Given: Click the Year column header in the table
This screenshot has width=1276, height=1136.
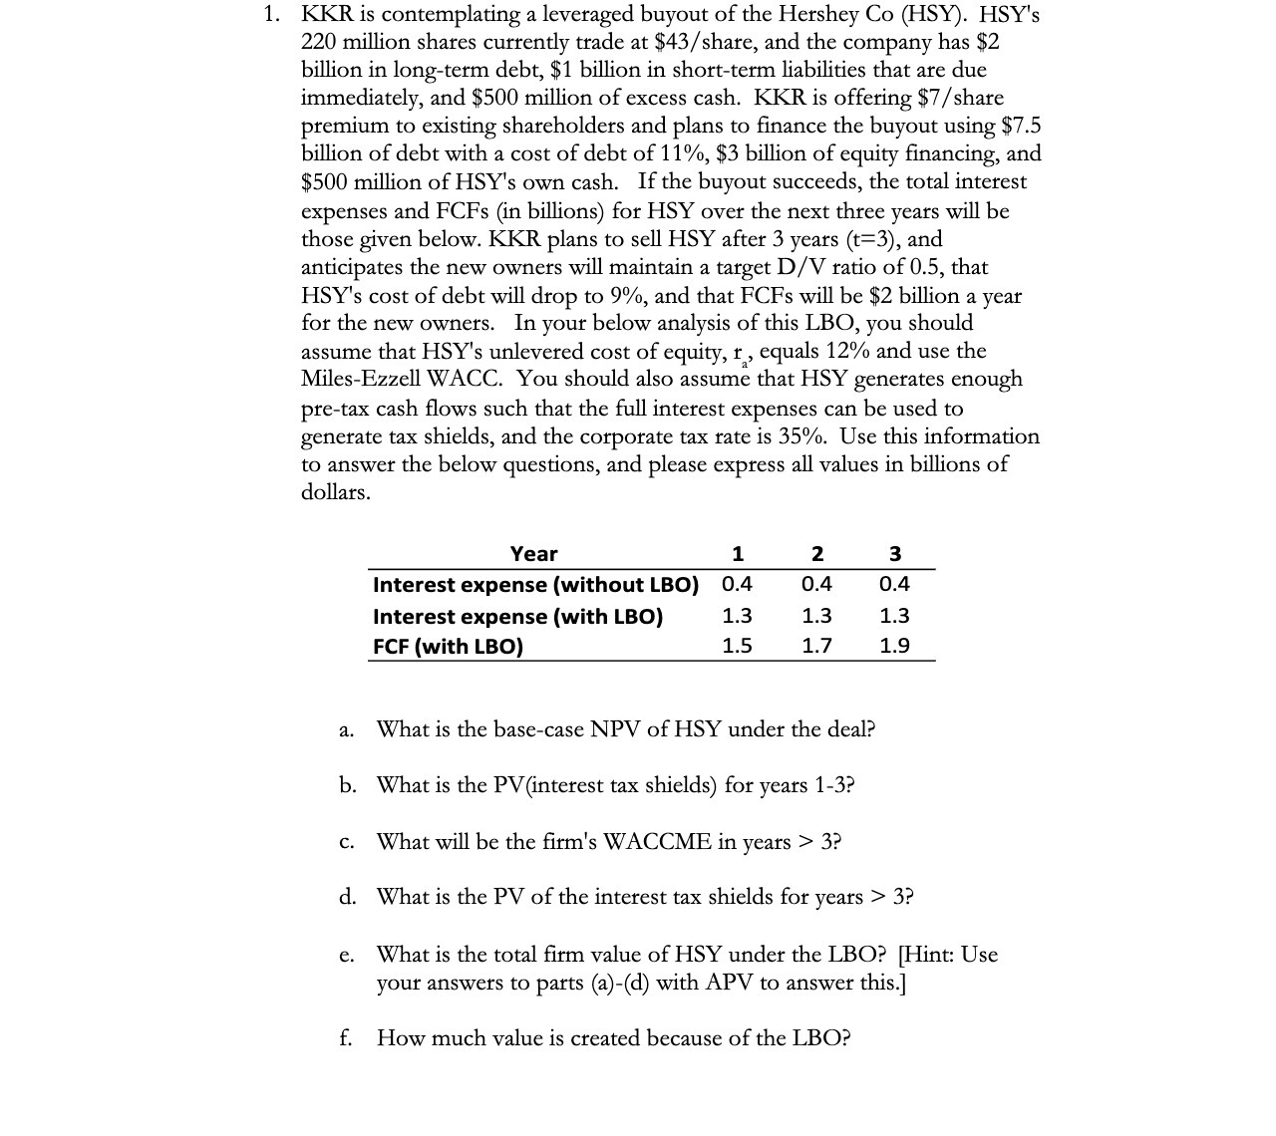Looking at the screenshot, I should click(x=533, y=554).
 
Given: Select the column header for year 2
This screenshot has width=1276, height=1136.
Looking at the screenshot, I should click(x=816, y=554).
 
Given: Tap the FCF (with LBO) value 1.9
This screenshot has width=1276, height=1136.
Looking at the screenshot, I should click(x=894, y=646).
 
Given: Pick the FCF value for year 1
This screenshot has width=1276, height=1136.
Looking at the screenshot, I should click(x=737, y=646).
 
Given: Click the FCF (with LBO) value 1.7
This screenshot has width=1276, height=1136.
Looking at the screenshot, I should click(x=816, y=646).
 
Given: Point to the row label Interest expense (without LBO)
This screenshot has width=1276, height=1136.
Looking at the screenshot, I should click(x=535, y=585).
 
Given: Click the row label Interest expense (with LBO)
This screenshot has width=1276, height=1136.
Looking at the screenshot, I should click(x=517, y=616).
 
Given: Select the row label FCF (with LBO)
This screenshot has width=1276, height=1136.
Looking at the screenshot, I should click(x=448, y=646).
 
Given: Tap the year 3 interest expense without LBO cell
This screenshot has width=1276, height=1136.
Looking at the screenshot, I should click(x=894, y=584).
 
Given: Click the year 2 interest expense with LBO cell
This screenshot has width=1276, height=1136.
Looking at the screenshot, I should click(x=816, y=616).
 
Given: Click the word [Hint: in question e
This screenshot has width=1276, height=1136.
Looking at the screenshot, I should click(x=927, y=955).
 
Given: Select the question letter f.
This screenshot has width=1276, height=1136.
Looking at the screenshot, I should click(x=345, y=1038).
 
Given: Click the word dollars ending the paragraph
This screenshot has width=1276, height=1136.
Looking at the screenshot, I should click(x=336, y=492).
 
